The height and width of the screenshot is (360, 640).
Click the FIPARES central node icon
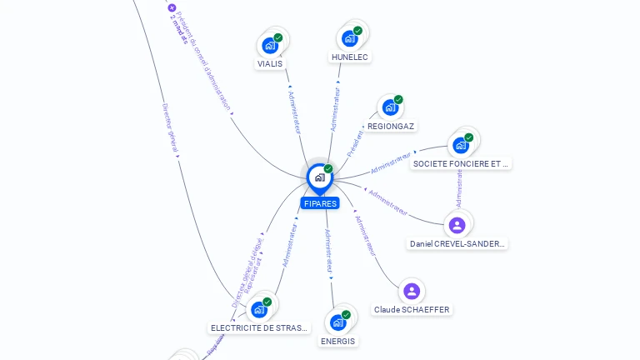click(319, 177)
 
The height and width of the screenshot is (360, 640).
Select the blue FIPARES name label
click(320, 203)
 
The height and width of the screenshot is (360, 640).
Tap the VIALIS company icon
click(270, 45)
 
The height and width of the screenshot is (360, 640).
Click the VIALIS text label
click(270, 63)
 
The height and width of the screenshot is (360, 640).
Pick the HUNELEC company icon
click(349, 38)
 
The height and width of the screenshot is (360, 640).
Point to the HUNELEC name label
click(349, 57)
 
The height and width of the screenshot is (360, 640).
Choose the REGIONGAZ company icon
click(390, 107)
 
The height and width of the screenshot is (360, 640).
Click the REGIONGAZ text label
click(391, 126)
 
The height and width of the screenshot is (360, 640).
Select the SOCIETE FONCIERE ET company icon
click(461, 145)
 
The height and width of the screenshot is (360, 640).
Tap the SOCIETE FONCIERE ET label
click(461, 164)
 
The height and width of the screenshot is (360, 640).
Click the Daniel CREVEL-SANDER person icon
click(457, 225)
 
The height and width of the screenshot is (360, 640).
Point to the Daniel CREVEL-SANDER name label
click(457, 244)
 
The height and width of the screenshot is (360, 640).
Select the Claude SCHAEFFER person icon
click(411, 291)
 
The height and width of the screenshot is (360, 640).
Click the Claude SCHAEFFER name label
click(412, 310)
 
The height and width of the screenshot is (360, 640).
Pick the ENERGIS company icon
click(337, 322)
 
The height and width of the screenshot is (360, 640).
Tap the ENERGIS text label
click(337, 341)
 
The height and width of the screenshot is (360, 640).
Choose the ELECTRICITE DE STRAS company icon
click(259, 309)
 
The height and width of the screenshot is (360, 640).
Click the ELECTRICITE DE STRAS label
click(259, 328)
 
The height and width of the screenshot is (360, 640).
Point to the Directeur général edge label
click(170, 129)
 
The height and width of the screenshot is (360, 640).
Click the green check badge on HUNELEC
click(357, 31)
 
